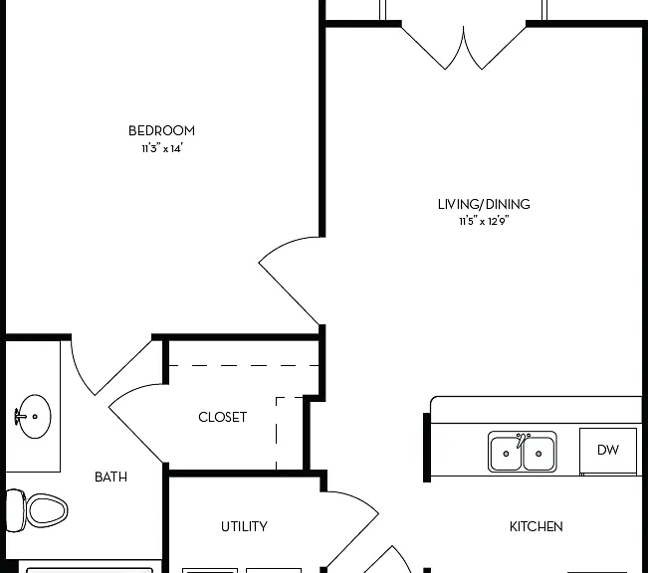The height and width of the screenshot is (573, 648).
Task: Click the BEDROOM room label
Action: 161,130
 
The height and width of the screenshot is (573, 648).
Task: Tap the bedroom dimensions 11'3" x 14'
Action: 162,148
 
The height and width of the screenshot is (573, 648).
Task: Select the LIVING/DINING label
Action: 484,204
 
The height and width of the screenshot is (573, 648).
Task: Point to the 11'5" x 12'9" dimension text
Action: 484,221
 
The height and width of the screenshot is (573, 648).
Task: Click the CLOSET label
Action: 222,417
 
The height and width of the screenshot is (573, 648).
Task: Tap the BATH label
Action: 110,477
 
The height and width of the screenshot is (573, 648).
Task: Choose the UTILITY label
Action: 244,526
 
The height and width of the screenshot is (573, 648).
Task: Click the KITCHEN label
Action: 536,526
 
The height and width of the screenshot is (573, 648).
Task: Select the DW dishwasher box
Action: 608,451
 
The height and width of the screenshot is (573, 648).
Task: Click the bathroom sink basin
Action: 36,416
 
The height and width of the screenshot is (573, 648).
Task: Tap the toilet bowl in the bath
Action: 47,510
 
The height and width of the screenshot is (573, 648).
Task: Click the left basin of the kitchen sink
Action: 506,454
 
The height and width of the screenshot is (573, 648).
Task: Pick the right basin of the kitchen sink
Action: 539,454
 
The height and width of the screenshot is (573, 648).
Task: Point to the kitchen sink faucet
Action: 522,440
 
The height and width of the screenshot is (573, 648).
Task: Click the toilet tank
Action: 16,510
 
